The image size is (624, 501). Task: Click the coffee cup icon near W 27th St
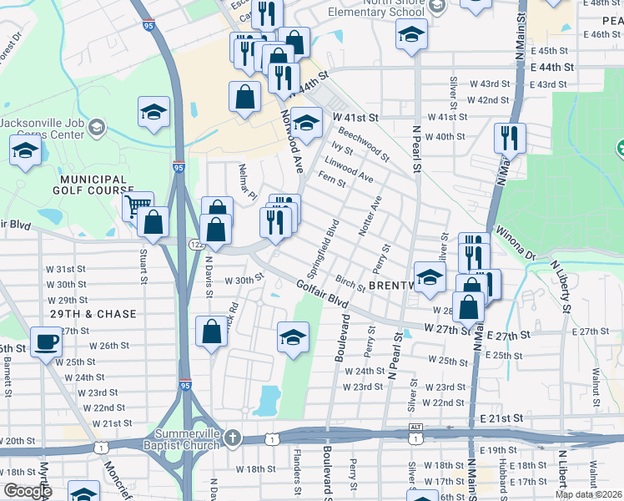click(45, 342)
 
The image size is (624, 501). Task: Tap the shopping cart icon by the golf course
click(137, 205)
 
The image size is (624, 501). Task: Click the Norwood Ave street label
click(292, 142)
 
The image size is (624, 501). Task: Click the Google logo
click(28, 491)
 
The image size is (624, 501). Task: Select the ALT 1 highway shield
click(415, 432)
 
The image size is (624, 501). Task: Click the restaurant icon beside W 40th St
click(509, 137)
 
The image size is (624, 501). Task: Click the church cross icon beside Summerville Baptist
click(233, 438)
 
